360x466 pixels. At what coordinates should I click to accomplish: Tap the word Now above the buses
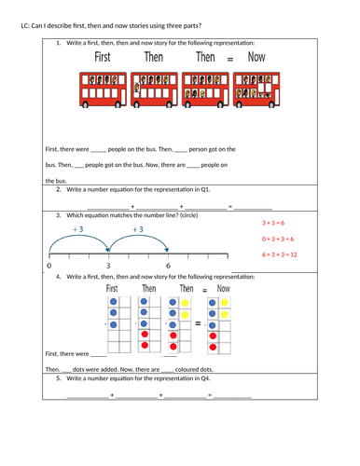pos(256,58)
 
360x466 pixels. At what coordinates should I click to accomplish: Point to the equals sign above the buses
pos(230,60)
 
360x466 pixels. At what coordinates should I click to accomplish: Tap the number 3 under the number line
pos(108,267)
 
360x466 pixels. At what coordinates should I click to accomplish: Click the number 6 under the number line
pos(168,267)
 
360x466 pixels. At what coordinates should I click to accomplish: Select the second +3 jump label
pos(137,229)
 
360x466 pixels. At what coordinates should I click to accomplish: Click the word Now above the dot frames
pos(223,289)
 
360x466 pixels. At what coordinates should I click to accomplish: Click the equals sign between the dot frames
pos(198,323)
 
